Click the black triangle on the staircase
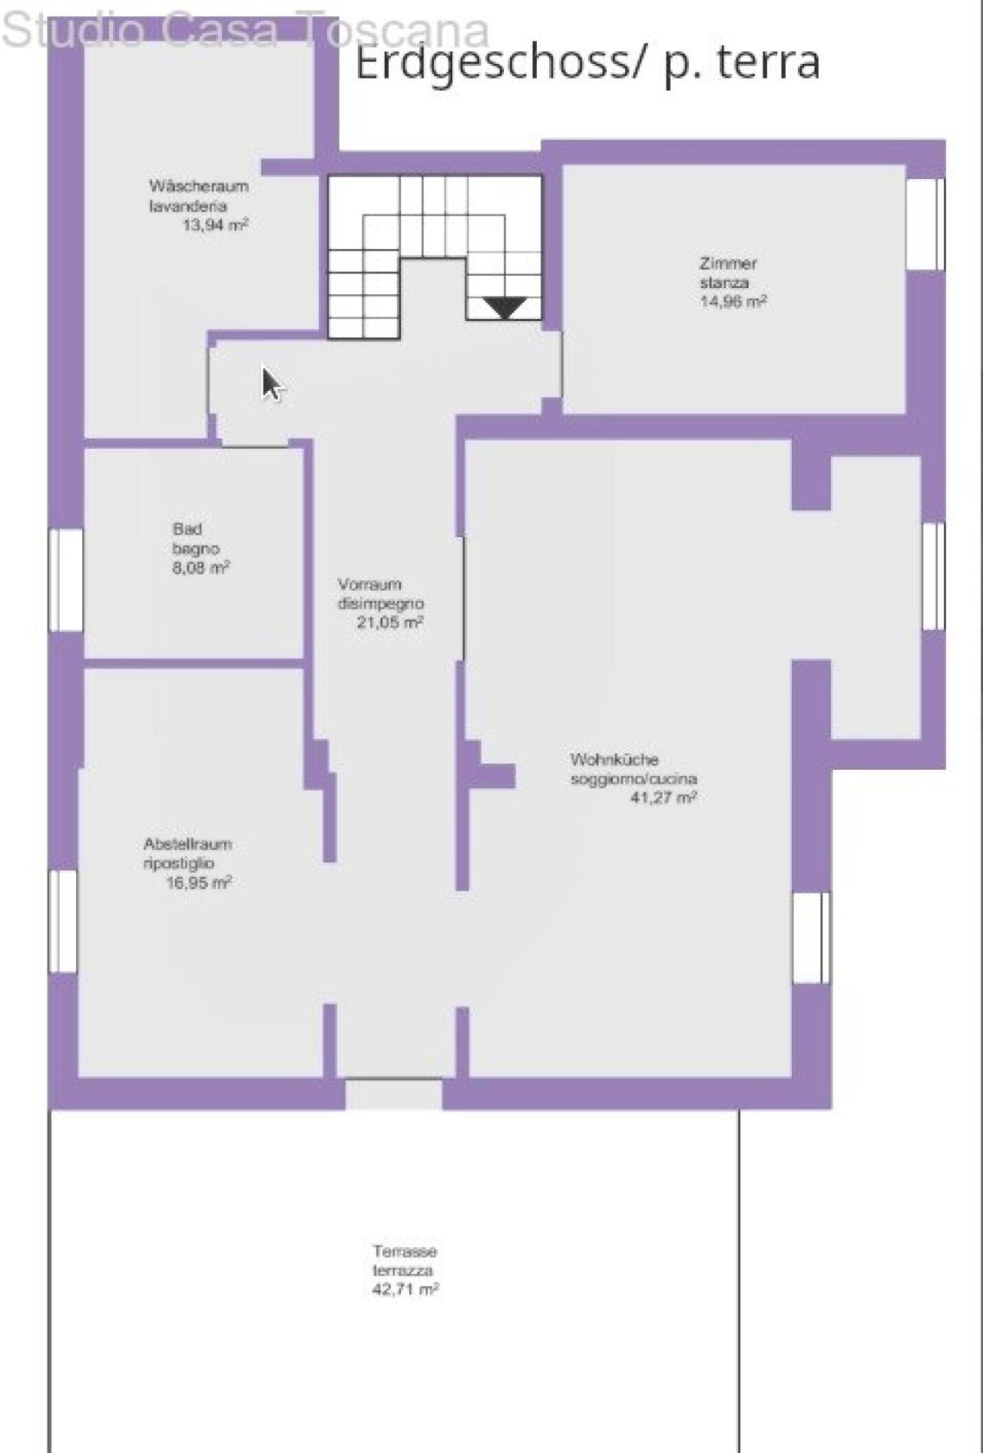point(505,307)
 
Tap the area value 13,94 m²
point(215,225)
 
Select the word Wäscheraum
point(199,186)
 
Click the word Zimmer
point(728,263)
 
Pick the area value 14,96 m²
point(733,301)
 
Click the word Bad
point(187,529)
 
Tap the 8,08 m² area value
point(201,568)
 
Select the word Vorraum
point(369,585)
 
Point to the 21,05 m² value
point(390,622)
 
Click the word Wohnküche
point(614,759)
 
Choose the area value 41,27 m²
point(664,798)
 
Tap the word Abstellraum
point(187,844)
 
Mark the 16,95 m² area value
point(199,883)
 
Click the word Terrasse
point(405,1251)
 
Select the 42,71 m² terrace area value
point(405,1289)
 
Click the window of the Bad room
point(66,579)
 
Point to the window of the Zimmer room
point(925,224)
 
